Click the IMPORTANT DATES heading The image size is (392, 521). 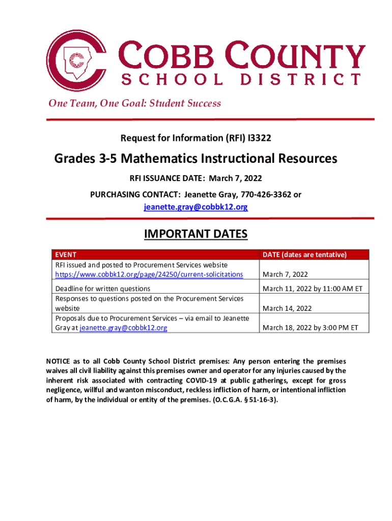196,234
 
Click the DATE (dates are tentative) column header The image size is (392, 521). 304,254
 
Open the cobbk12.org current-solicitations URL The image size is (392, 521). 149,274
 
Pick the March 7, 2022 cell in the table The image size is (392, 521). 285,274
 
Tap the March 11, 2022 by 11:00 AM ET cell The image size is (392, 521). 312,288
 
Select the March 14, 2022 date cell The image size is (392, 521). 287,308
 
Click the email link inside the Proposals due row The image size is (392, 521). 124,328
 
